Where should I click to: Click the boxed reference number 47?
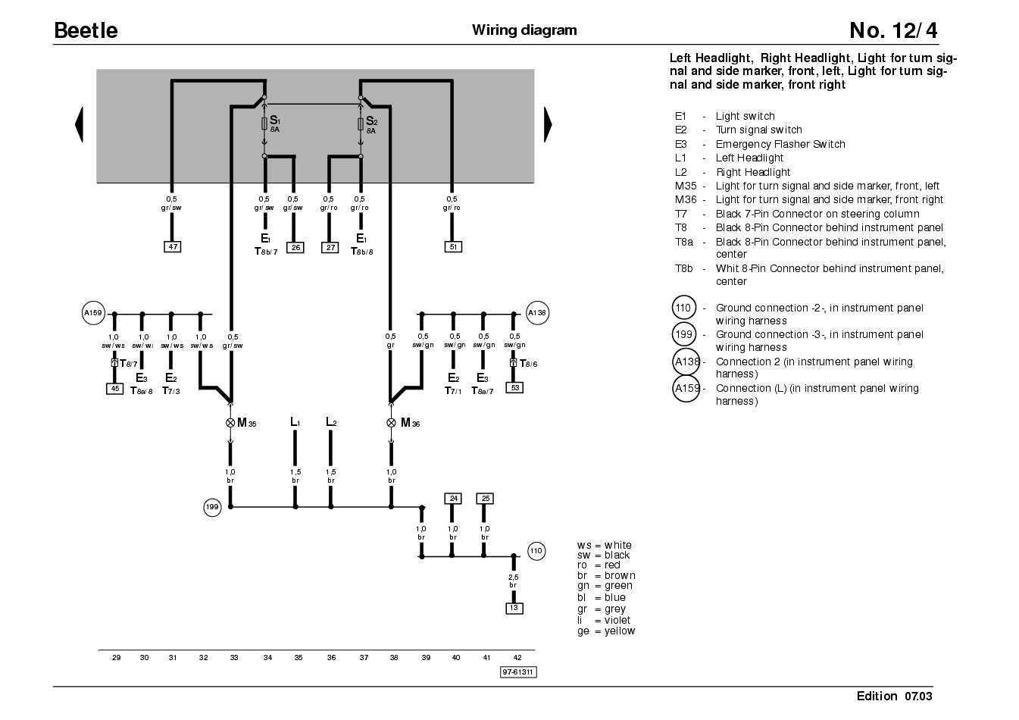click(x=173, y=246)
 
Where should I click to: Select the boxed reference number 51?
click(x=453, y=246)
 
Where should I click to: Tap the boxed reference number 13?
click(x=514, y=608)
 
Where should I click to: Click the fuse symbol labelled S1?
click(x=264, y=124)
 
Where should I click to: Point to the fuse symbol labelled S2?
click(x=361, y=124)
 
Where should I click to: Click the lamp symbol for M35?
click(x=230, y=423)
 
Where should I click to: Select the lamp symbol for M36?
click(x=391, y=423)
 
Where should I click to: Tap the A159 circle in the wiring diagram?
click(x=93, y=313)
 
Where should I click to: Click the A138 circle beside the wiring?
click(x=537, y=313)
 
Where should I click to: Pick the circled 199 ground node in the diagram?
click(x=212, y=507)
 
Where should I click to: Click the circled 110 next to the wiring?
click(x=536, y=551)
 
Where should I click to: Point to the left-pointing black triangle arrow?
click(x=79, y=125)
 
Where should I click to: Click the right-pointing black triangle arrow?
click(x=549, y=125)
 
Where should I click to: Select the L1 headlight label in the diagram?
click(x=295, y=422)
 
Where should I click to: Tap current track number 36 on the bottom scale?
click(x=331, y=658)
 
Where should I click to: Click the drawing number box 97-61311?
click(x=518, y=672)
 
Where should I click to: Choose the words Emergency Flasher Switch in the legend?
click(x=780, y=144)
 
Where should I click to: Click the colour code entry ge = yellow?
click(x=606, y=631)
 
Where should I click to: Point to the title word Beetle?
click(x=86, y=30)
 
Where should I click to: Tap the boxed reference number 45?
click(x=114, y=389)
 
